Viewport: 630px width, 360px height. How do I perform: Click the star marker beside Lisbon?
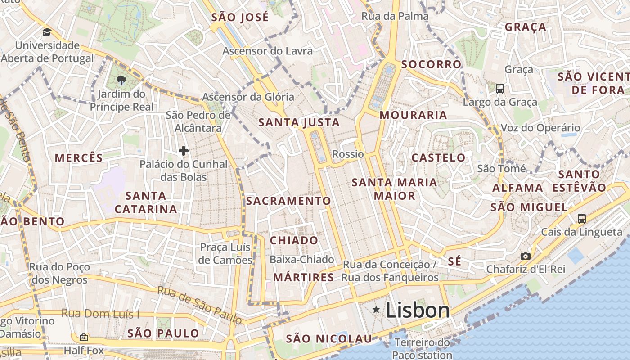tap(376, 310)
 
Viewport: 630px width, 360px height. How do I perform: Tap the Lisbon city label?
tap(418, 310)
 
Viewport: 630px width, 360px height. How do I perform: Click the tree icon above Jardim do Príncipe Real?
tap(121, 81)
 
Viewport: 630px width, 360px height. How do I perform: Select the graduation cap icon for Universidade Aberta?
tap(47, 32)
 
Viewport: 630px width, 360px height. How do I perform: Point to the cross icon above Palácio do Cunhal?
tap(183, 150)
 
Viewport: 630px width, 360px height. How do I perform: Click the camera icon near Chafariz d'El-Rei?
tap(525, 256)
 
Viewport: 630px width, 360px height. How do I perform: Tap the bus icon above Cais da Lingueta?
tap(581, 219)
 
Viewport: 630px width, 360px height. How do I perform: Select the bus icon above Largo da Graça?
tap(500, 89)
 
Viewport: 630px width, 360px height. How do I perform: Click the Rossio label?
tap(348, 154)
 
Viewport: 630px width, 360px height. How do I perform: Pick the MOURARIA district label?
tap(413, 115)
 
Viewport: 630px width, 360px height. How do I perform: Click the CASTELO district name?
tap(438, 158)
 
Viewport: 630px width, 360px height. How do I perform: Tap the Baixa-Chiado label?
tap(301, 260)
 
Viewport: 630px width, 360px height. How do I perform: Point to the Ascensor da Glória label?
tap(248, 97)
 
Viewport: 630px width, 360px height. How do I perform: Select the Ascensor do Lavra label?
tap(267, 51)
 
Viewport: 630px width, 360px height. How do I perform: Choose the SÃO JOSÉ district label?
tap(240, 18)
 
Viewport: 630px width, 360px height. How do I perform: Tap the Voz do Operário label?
tap(540, 128)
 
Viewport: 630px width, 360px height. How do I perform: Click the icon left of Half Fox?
tap(83, 337)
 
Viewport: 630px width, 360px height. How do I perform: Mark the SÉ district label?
tap(454, 261)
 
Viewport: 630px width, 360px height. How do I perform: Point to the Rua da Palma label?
tap(395, 16)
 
